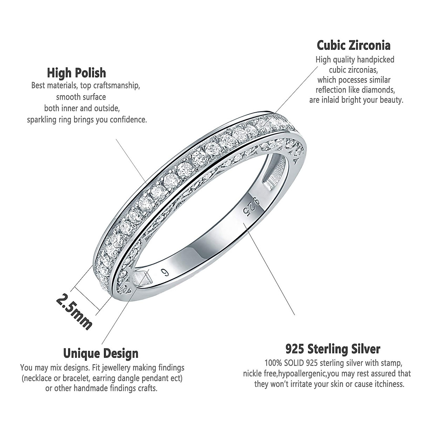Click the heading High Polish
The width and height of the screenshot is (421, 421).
coord(76,73)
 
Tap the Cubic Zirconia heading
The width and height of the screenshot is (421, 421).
coord(353,45)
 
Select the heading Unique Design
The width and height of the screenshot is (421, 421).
coord(101,353)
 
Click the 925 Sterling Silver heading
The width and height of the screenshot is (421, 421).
coord(333,349)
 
